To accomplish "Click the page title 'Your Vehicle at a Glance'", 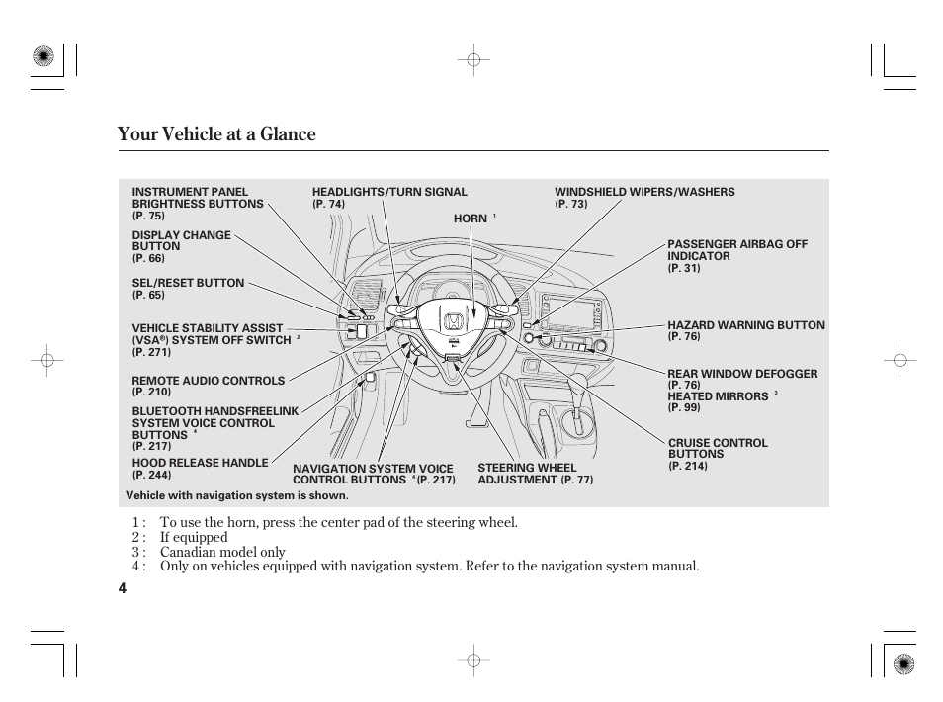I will [x=216, y=134].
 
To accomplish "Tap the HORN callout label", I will [x=471, y=219].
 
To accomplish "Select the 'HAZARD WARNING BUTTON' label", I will [x=745, y=325].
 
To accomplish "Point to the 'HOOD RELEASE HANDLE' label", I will [x=200, y=463].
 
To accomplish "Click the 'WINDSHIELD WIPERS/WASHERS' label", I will [x=644, y=192].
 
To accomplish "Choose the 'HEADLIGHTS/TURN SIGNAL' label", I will [x=389, y=192].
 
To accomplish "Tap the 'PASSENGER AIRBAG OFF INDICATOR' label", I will [x=736, y=250].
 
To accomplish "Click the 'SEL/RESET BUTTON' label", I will [x=188, y=283].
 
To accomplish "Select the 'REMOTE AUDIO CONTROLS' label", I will [x=208, y=381].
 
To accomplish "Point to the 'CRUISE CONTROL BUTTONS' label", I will [x=718, y=449].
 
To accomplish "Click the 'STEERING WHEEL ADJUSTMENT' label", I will [x=526, y=474].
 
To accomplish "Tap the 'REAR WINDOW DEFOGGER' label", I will [x=742, y=374].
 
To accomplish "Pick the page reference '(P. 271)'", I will [x=151, y=352].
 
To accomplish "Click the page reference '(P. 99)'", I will [x=683, y=407].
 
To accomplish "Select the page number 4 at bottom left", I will [x=122, y=588].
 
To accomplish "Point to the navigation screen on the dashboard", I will [x=571, y=313].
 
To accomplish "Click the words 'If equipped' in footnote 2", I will [x=194, y=537].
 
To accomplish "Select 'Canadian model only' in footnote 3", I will [x=222, y=552].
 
